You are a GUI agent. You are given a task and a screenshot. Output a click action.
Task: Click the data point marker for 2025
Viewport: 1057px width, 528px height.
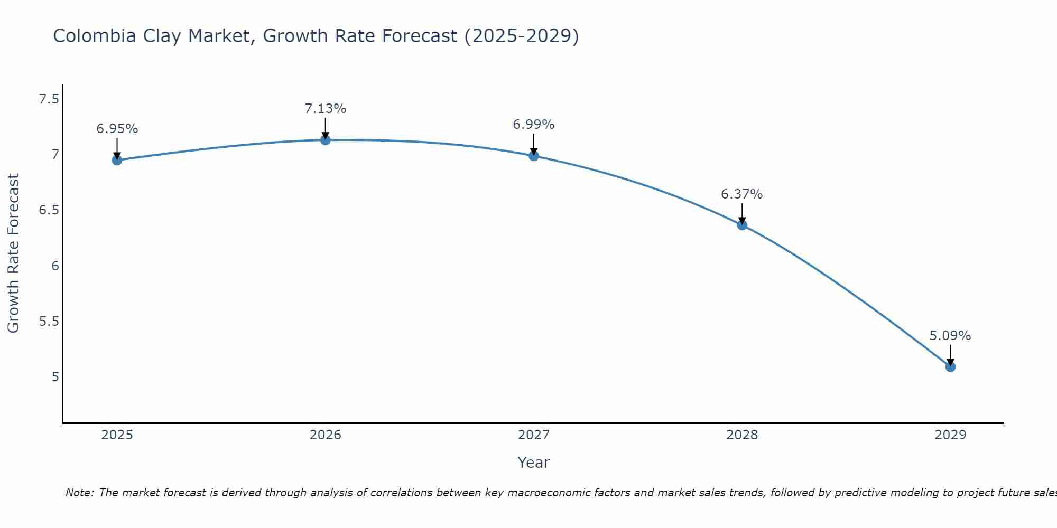[117, 160]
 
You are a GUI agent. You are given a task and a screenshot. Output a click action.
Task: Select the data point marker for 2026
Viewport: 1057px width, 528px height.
[326, 140]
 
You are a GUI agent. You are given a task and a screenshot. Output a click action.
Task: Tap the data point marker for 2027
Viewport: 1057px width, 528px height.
[534, 156]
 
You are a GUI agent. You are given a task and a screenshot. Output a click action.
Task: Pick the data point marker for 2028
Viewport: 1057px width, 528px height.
[742, 225]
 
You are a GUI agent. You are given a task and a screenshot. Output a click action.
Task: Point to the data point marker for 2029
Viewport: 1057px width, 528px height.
[950, 366]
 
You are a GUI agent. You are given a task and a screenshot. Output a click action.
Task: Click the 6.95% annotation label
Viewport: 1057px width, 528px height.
[117, 129]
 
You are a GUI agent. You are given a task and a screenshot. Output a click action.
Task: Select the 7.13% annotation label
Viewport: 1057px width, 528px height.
[326, 109]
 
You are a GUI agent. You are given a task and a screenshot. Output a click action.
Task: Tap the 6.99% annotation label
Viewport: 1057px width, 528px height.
[534, 125]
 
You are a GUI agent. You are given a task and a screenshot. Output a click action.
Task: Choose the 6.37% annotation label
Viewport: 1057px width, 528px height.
[742, 194]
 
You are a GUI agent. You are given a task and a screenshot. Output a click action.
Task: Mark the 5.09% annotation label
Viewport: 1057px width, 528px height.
[950, 336]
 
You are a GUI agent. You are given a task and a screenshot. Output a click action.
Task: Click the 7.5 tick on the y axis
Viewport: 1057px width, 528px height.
[49, 99]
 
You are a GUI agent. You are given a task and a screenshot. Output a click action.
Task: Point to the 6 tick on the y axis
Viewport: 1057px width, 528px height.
[55, 266]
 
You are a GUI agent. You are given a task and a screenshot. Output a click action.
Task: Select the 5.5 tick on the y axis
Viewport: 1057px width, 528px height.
[49, 321]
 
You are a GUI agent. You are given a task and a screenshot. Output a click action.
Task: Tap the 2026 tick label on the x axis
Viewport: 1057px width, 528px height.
[326, 435]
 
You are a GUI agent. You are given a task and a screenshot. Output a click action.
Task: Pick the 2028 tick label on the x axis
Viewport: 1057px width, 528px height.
[742, 435]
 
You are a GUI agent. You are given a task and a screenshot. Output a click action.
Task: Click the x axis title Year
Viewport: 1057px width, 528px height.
[534, 463]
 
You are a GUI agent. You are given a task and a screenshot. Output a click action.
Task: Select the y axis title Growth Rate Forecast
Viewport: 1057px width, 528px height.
[14, 253]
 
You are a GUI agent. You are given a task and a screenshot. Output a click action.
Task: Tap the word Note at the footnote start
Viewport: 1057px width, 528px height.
[79, 493]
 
